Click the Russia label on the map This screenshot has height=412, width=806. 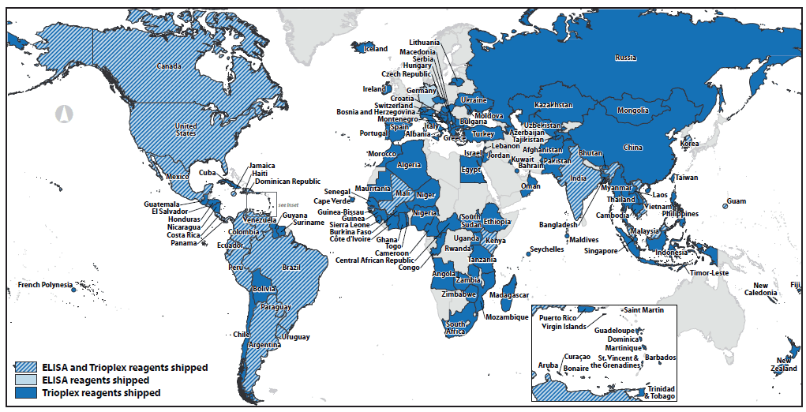pos(626,57)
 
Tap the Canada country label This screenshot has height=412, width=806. pos(171,66)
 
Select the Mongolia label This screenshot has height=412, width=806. pos(632,110)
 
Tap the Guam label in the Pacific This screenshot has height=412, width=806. pos(736,201)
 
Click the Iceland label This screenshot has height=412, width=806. pos(377,49)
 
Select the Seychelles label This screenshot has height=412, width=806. pos(547,249)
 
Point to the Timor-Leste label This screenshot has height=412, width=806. pos(708,272)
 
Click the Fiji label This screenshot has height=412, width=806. pos(794,285)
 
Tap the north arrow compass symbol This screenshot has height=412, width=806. pos(63,113)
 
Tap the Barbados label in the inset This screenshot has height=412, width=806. pos(660,358)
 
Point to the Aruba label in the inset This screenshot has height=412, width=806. pos(548,365)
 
